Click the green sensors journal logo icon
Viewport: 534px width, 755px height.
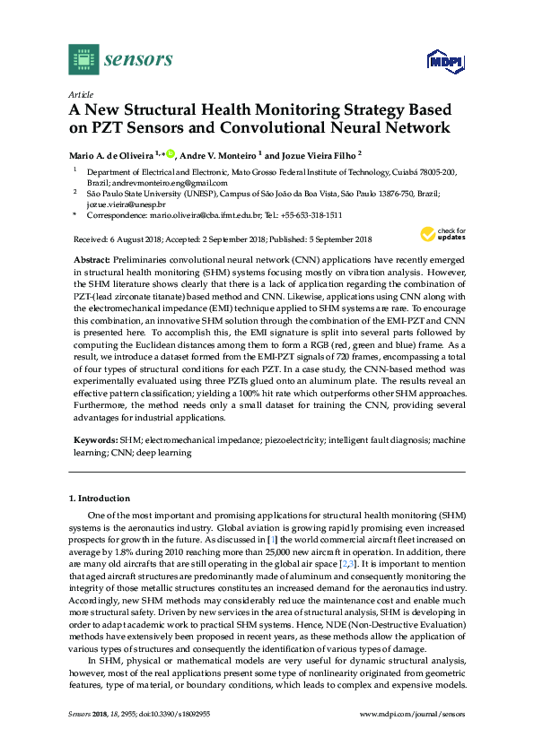[x=82, y=60]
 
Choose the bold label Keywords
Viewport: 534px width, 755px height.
[x=95, y=441]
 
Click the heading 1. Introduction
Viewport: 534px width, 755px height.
[x=100, y=498]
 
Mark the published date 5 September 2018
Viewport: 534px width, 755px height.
[x=331, y=239]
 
